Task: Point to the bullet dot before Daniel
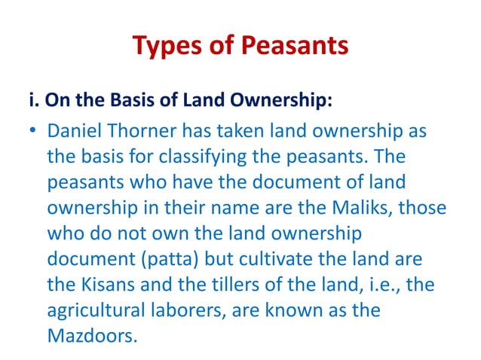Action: (34, 133)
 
